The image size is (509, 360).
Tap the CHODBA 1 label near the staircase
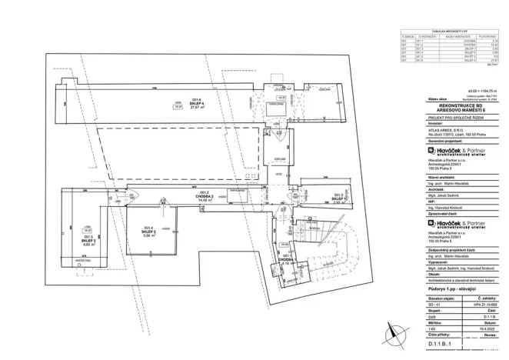click(x=284, y=259)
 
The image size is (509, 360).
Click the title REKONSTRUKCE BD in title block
click(x=447, y=106)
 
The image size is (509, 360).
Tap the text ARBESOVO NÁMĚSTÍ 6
click(x=447, y=112)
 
